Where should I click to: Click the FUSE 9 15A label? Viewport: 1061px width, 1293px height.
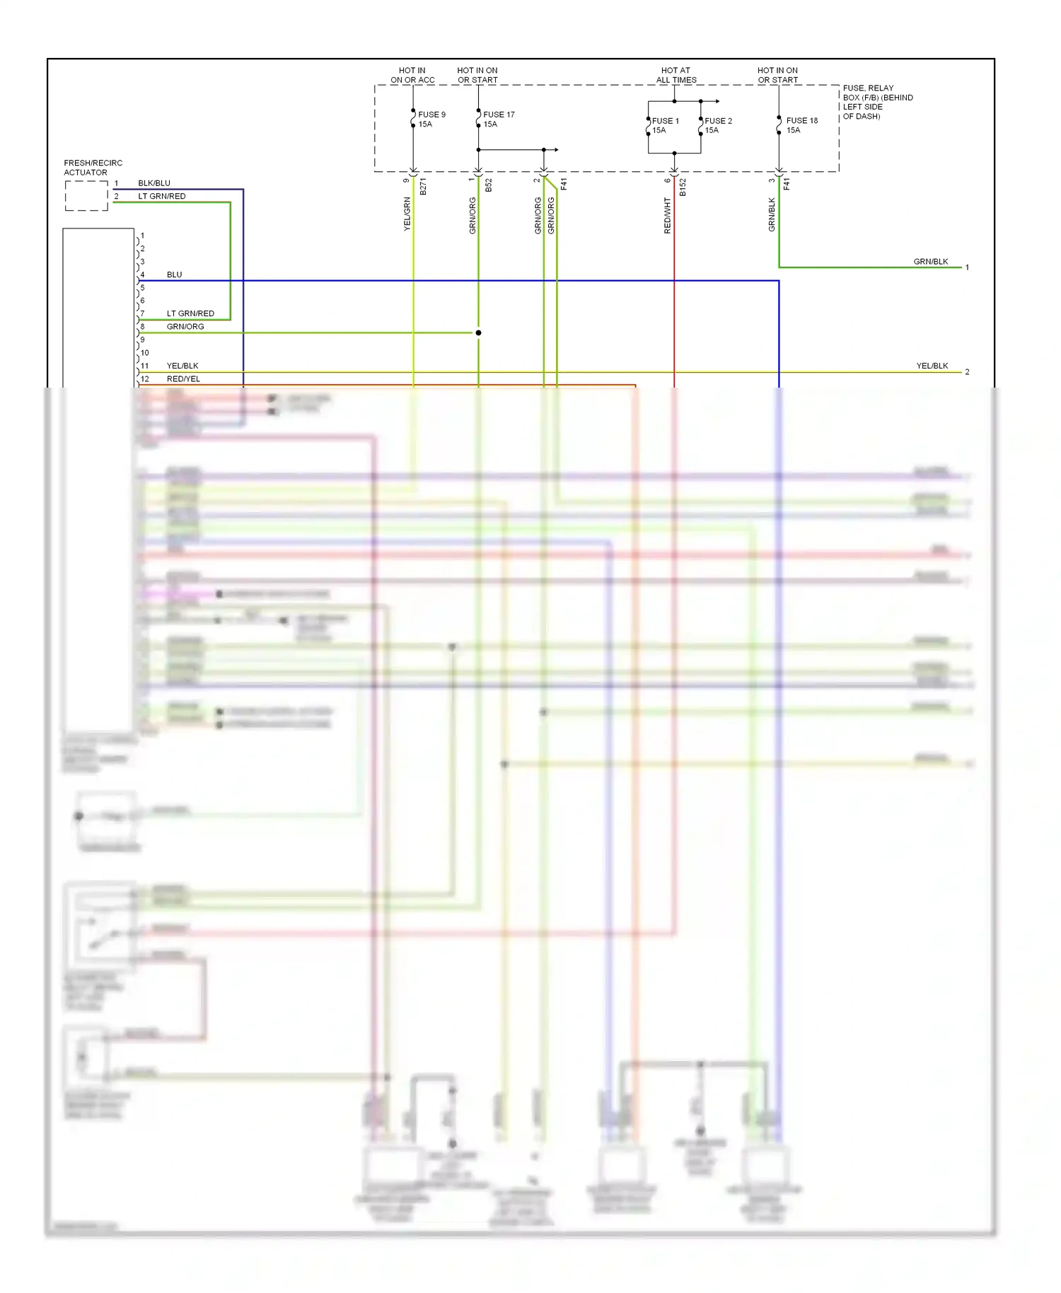(x=431, y=119)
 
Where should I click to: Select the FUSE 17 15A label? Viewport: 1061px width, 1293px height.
(x=499, y=119)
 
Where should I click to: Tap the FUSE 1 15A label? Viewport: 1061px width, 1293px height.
(x=664, y=125)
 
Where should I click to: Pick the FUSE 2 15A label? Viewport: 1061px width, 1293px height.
(x=717, y=125)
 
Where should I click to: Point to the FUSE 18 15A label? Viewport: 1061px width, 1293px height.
(x=801, y=125)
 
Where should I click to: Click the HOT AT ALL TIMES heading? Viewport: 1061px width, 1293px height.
(x=676, y=75)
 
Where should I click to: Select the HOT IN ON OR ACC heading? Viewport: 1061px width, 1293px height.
(x=412, y=75)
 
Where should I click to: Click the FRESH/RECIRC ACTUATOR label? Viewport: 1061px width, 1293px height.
(x=93, y=168)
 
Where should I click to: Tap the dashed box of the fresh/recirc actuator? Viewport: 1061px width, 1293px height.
(x=86, y=196)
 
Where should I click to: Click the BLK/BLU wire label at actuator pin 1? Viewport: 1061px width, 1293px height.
(x=153, y=183)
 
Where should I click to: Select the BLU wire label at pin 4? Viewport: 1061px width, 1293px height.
(x=174, y=274)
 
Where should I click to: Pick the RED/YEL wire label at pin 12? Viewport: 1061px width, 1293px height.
(x=183, y=379)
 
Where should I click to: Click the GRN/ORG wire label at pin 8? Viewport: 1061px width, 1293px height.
(x=185, y=327)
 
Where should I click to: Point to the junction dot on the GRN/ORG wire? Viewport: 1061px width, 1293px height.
(x=478, y=332)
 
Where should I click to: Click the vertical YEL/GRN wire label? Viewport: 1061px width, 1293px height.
(x=407, y=214)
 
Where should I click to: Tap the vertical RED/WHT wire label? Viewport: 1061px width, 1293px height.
(x=667, y=215)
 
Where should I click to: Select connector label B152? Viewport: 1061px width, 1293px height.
(x=683, y=187)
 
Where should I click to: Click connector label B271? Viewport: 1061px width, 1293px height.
(x=423, y=187)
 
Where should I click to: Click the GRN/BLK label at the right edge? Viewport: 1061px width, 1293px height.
(x=930, y=262)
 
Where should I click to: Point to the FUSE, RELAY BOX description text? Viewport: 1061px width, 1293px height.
(x=877, y=102)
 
